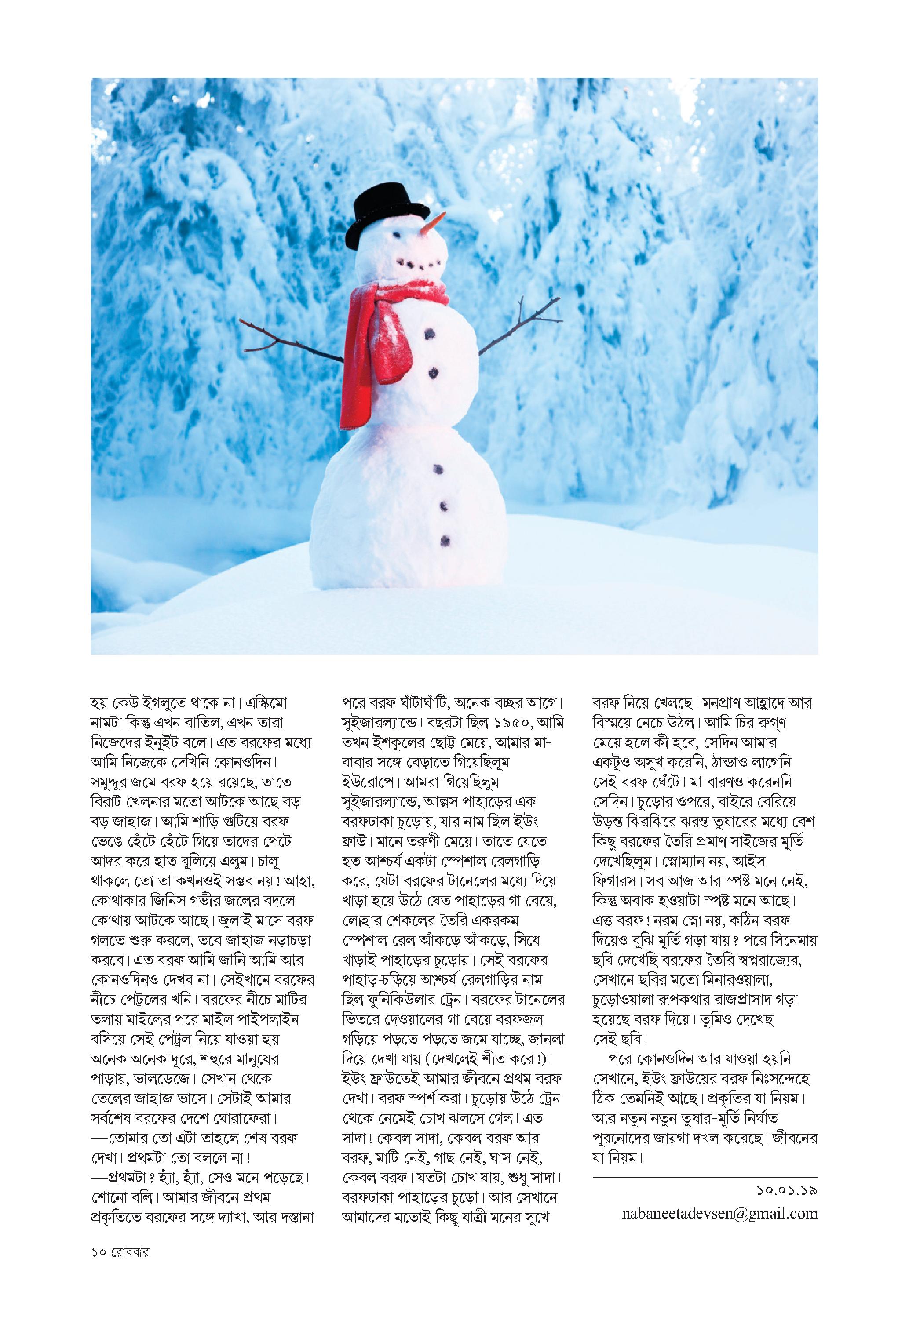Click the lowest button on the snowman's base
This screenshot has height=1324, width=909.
[x=445, y=538]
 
